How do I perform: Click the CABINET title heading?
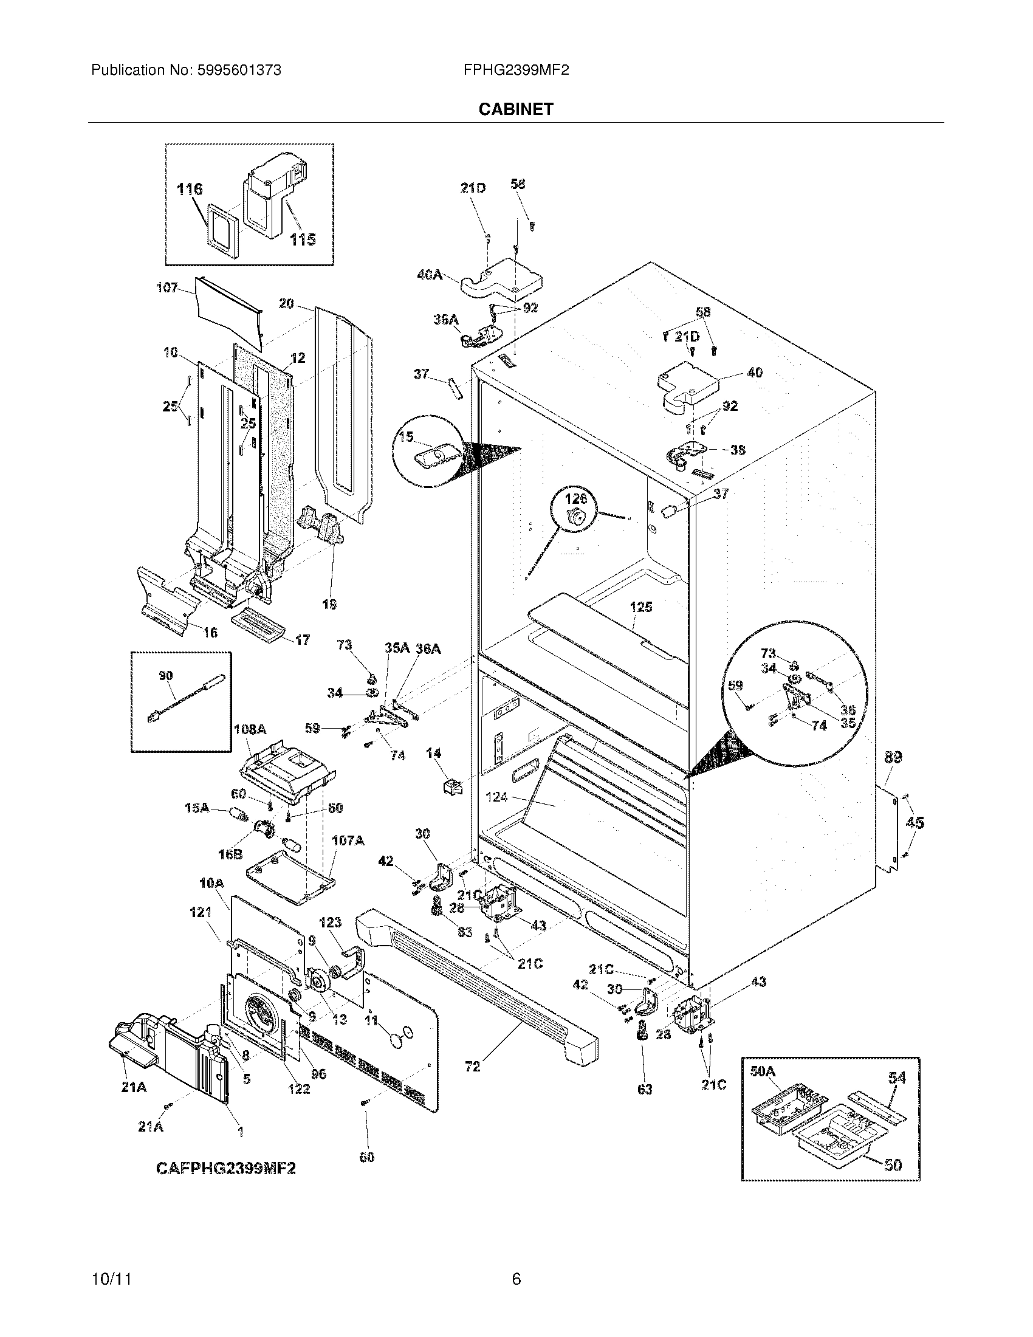[516, 109]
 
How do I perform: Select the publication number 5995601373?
[239, 70]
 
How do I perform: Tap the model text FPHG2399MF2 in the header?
[516, 70]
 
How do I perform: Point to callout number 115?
[303, 239]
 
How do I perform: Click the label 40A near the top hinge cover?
[429, 275]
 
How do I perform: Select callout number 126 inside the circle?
[575, 498]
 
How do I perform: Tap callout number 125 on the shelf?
[640, 607]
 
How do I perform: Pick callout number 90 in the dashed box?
[165, 675]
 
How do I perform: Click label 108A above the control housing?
[250, 730]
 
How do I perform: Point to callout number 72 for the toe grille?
[472, 1067]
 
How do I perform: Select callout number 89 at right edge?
[893, 757]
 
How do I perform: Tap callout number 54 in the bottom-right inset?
[896, 1077]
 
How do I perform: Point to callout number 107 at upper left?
[166, 287]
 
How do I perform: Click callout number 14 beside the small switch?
[434, 753]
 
